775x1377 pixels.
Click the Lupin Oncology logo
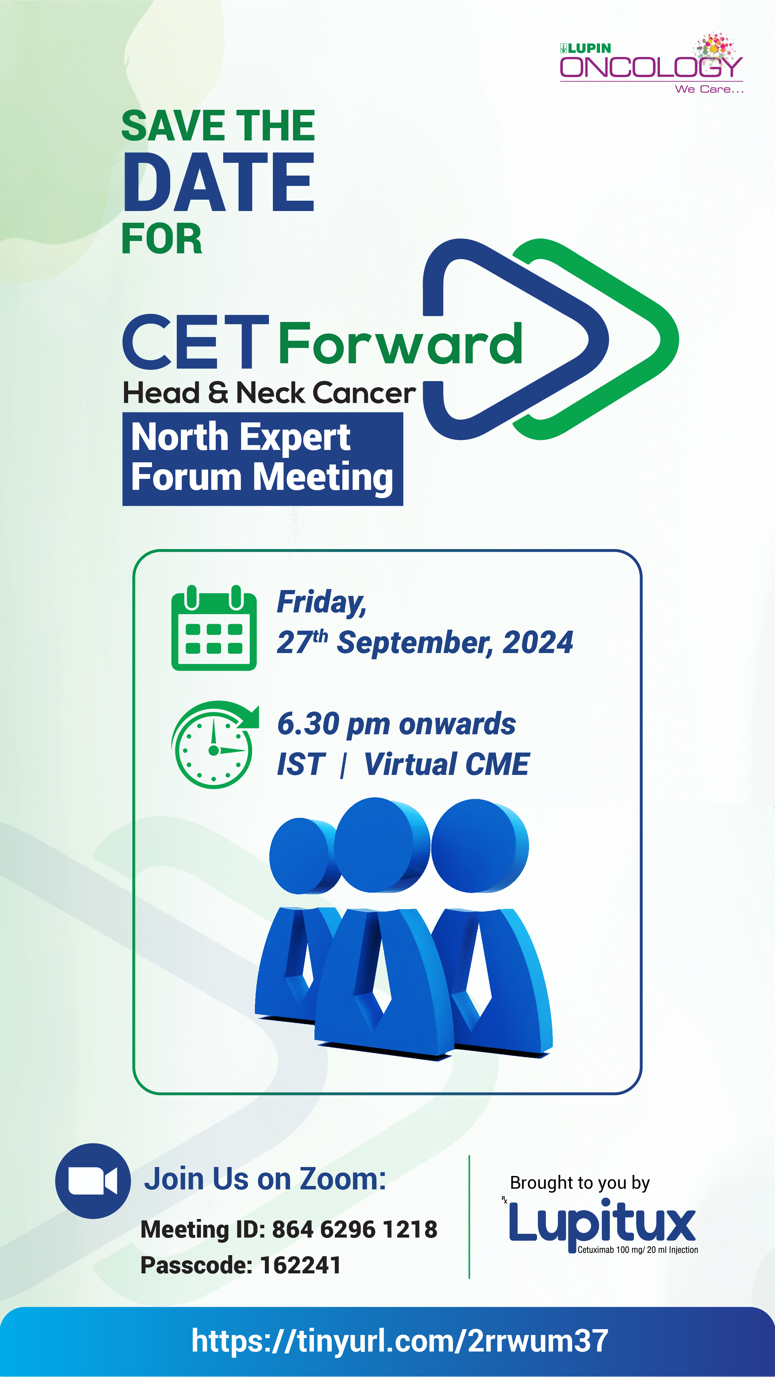651,63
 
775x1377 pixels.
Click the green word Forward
400,343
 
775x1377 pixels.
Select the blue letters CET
196,341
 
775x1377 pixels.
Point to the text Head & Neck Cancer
269,393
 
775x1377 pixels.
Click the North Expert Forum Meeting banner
262,459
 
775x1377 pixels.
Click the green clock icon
215,745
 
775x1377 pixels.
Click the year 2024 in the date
538,642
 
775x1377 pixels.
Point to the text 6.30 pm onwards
396,724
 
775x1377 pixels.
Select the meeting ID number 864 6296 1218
355,1229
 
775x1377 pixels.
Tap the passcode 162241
301,1265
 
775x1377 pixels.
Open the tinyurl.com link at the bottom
400,1341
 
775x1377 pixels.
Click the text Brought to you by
580,1183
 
